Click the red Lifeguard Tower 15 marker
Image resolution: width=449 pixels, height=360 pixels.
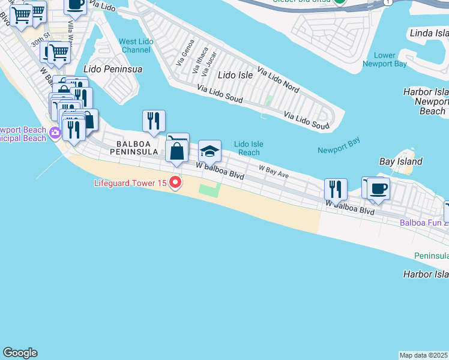(x=175, y=182)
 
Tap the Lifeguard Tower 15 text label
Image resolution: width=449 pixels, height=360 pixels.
(x=130, y=182)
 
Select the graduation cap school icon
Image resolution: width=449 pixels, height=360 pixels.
(x=209, y=152)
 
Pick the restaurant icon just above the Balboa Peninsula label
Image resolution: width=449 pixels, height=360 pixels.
(x=154, y=121)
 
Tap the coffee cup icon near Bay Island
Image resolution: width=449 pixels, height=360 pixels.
(x=378, y=189)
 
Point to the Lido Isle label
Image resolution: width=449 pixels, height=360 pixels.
(x=235, y=75)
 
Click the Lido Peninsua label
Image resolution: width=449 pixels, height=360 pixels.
(x=113, y=69)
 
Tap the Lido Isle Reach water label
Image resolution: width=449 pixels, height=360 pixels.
(x=249, y=148)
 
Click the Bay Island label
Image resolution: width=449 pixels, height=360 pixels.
(x=401, y=161)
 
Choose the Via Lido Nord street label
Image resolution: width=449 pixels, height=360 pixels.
(x=278, y=79)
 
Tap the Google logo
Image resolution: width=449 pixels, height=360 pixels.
(x=20, y=353)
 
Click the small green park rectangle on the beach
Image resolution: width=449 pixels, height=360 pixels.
(x=209, y=191)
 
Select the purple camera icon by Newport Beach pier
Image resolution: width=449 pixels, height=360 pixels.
(x=55, y=133)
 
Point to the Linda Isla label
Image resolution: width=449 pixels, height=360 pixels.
(x=429, y=32)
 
